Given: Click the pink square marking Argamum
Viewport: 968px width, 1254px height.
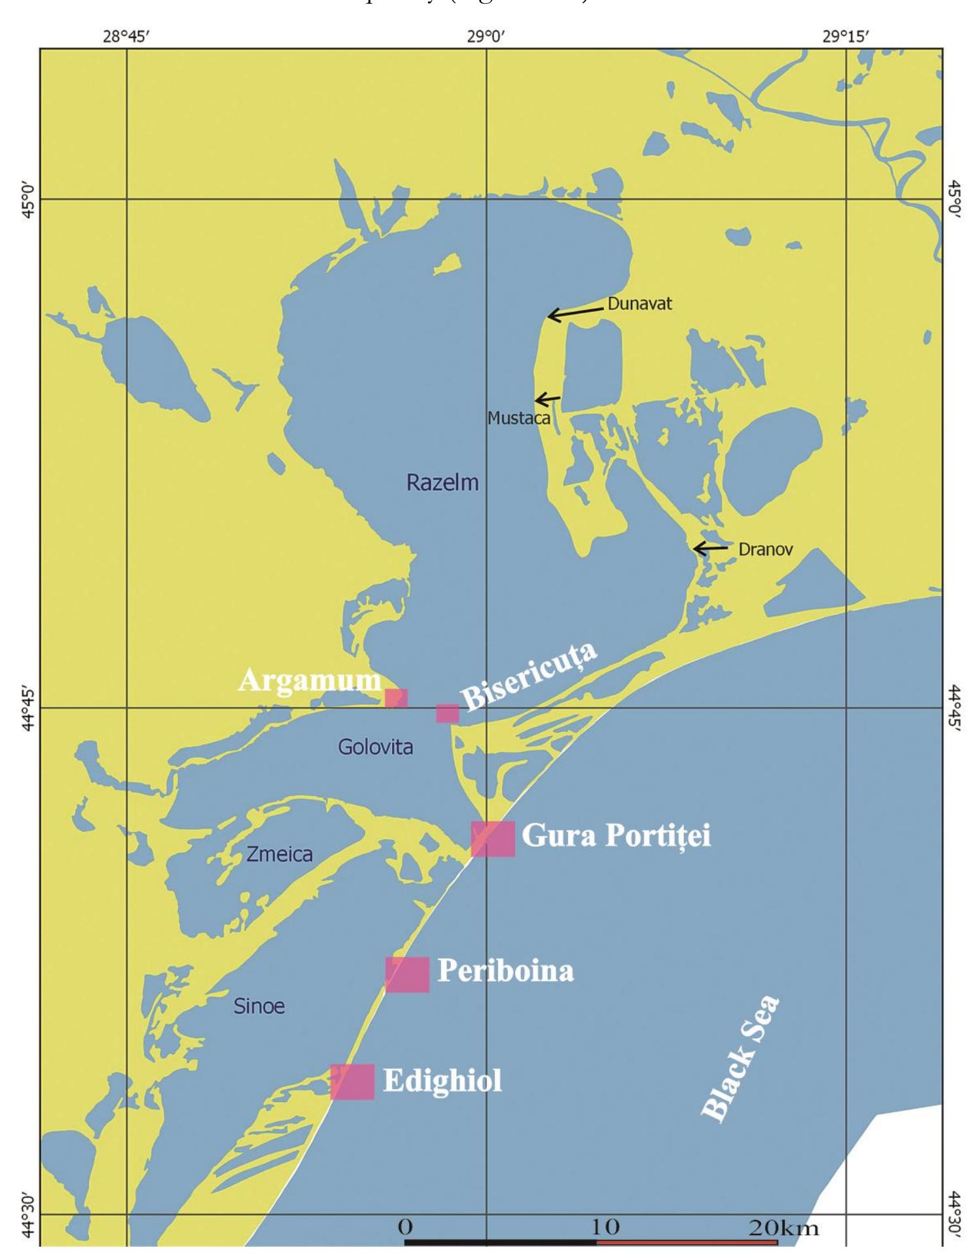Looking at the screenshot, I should tap(396, 698).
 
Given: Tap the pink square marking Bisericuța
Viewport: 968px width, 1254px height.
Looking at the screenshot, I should tap(448, 713).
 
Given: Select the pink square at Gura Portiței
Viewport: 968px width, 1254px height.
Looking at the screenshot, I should tap(493, 838).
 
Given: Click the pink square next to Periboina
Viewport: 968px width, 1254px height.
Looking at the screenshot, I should tap(407, 975).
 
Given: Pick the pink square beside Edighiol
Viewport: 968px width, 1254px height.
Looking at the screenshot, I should tap(352, 1082).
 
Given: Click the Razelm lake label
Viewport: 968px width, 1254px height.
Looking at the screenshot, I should tap(442, 483).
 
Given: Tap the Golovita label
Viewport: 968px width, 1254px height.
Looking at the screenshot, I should tap(375, 747).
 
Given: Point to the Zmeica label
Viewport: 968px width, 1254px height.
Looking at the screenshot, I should tap(279, 854).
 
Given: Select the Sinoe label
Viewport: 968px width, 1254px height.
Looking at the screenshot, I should tap(259, 1006).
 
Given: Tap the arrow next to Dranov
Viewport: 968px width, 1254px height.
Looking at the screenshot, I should tap(711, 548).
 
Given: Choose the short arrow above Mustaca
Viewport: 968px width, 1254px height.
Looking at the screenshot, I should tap(547, 399).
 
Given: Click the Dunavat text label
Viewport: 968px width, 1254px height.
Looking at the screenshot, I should tap(639, 304).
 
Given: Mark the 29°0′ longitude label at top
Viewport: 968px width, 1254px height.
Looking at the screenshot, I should tap(486, 36).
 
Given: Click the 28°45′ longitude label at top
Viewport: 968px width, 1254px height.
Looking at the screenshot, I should tap(127, 36).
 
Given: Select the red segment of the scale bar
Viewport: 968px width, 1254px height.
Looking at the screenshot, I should tap(687, 1242).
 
